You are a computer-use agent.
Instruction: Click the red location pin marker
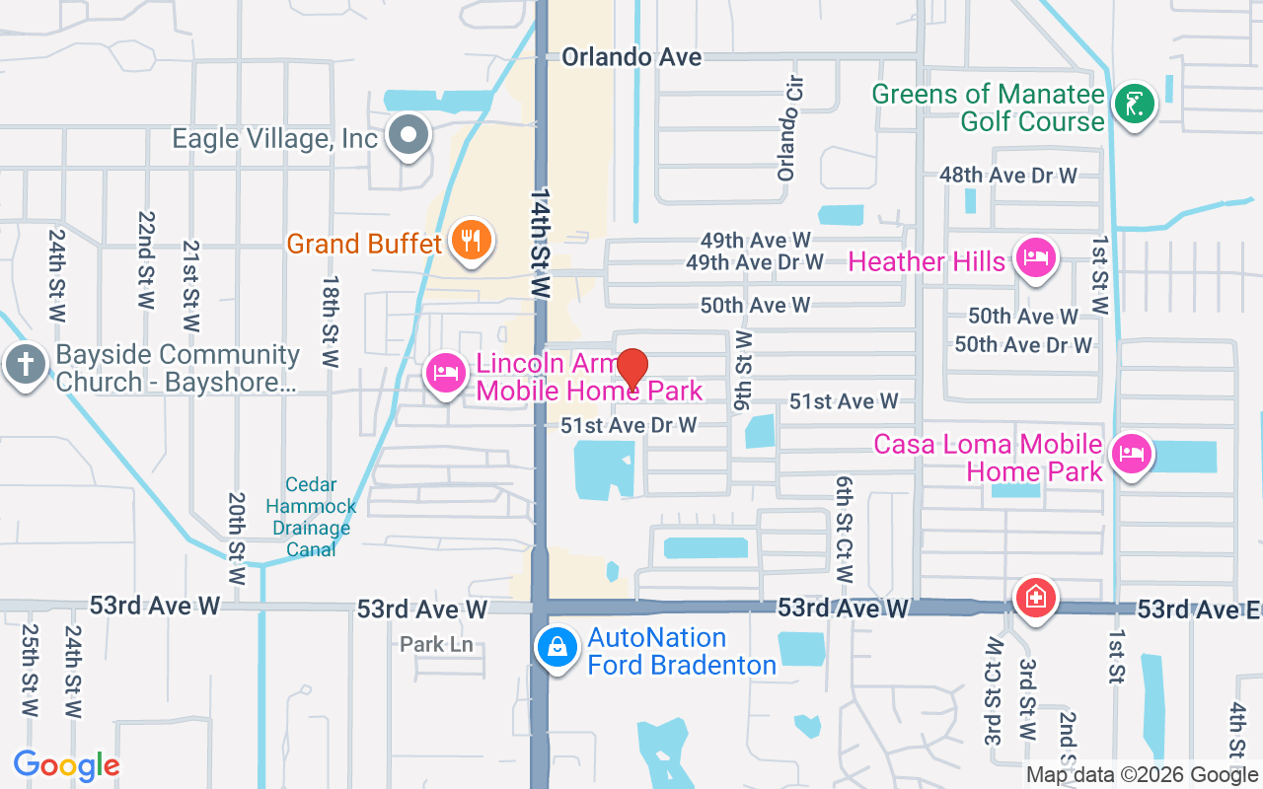631,369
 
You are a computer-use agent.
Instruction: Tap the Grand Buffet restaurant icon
471,240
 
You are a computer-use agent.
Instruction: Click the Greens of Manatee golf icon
1135,104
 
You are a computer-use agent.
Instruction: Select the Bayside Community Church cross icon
25,365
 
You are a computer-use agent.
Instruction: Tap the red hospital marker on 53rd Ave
1037,597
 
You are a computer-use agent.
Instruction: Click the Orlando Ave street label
631,57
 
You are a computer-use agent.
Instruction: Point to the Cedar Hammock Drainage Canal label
311,517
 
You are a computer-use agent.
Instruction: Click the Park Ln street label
436,645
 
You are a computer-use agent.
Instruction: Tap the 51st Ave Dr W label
629,425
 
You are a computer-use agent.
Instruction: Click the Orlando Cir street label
787,143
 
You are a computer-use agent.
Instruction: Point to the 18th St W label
330,321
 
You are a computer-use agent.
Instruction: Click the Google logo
66,765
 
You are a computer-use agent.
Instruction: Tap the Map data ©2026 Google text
1142,775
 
